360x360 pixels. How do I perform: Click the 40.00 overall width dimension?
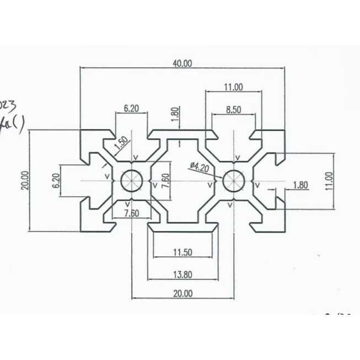point(182,63)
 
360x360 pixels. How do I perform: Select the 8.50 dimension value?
point(234,109)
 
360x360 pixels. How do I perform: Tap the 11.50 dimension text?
point(182,252)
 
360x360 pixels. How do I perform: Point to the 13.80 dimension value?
point(182,274)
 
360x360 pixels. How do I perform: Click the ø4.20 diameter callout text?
point(198,167)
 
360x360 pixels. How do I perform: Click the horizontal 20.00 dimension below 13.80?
point(182,294)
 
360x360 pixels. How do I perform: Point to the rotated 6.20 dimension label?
point(55,181)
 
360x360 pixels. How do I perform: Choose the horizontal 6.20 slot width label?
point(131,109)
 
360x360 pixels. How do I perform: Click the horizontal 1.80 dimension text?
point(300,185)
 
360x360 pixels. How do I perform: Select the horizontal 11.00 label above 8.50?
point(234,87)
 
